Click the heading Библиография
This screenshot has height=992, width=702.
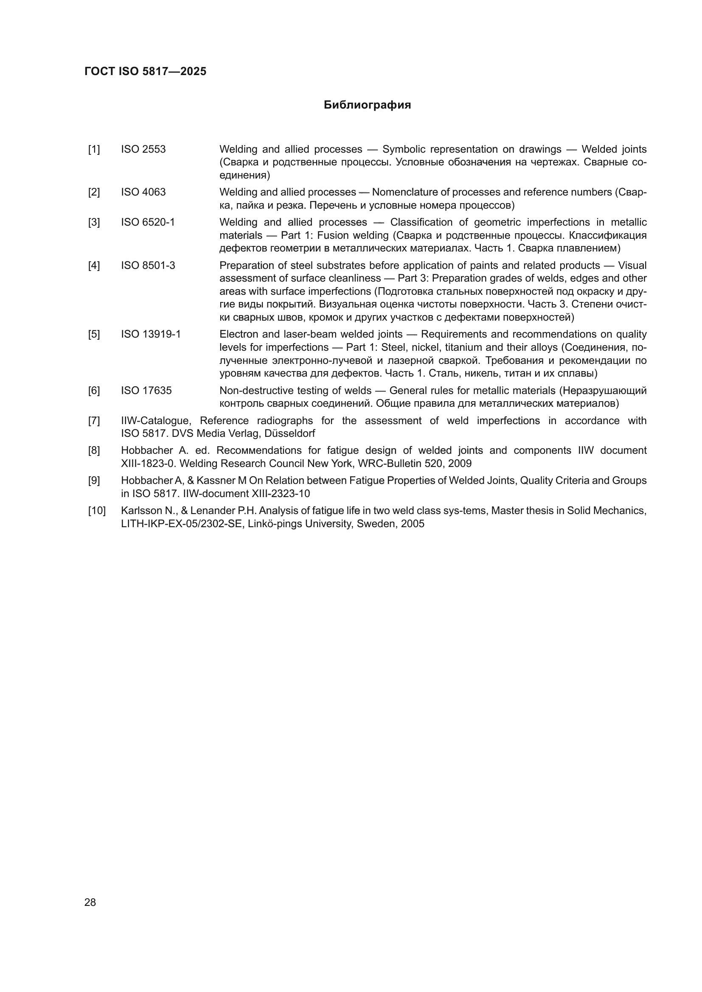tap(367, 105)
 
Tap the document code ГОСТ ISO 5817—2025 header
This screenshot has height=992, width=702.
tap(145, 71)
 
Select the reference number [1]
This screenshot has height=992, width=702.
tap(94, 149)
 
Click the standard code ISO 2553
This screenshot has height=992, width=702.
tap(143, 149)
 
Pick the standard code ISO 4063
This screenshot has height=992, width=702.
tap(143, 192)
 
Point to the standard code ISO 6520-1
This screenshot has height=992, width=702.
tap(148, 223)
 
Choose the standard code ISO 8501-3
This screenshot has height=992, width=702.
tap(148, 265)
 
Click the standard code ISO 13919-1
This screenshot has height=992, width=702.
tap(150, 334)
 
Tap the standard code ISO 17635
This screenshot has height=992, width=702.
tap(146, 391)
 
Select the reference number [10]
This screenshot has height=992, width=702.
tap(97, 511)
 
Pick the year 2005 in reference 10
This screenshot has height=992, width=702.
tap(413, 524)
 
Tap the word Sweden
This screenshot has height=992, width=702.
tap(378, 524)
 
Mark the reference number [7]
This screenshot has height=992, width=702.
tap(94, 421)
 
